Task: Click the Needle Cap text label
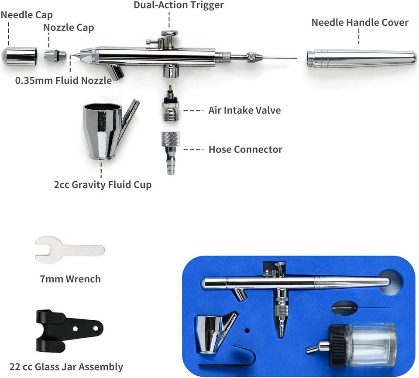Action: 27,15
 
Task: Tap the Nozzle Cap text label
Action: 69,27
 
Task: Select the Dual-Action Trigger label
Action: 179,5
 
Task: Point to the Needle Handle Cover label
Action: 360,22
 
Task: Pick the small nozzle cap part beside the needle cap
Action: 55,55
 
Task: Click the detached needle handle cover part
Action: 361,59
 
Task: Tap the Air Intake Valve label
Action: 244,110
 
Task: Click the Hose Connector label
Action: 245,149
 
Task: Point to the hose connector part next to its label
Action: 171,153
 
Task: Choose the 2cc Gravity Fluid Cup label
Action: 103,185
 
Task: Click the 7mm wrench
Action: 69,250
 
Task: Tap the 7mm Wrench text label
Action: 70,279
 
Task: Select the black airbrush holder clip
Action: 69,331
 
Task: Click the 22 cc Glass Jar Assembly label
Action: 66,367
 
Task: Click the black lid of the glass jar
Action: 338,345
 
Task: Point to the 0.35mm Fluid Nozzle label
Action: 63,80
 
